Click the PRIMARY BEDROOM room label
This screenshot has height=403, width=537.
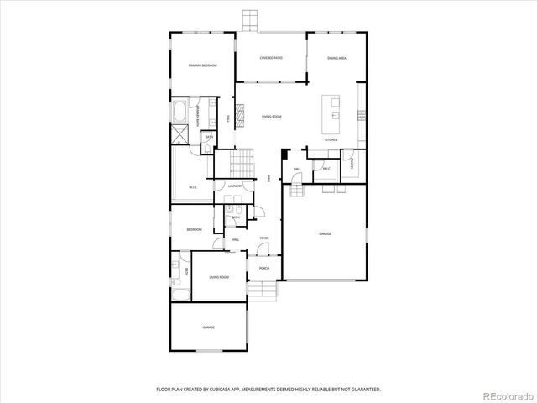(199, 65)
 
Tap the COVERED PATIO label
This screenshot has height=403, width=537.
(270, 58)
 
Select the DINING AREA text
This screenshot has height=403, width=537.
(337, 58)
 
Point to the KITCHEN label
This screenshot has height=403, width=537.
(331, 139)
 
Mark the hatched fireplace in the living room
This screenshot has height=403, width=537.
(237, 111)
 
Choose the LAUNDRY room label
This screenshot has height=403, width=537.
(236, 186)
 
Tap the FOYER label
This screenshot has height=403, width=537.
(263, 238)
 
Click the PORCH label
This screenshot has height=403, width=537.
(263, 269)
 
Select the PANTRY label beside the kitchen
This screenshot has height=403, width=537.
(352, 164)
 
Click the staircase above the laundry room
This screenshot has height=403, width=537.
(241, 159)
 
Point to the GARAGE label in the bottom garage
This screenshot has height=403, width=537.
(208, 327)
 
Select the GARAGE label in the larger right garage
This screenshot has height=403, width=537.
(325, 234)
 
